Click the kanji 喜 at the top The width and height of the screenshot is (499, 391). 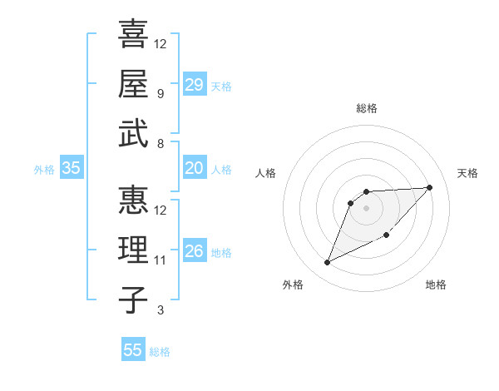pyautogui.click(x=133, y=34)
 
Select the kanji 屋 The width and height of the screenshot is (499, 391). pyautogui.click(x=133, y=84)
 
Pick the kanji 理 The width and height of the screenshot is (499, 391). pyautogui.click(x=133, y=250)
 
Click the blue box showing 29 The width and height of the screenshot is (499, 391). pyautogui.click(x=194, y=85)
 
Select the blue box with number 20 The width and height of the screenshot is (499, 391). pyautogui.click(x=194, y=168)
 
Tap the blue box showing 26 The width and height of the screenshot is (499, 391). pyautogui.click(x=194, y=251)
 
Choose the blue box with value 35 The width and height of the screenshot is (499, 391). pyautogui.click(x=71, y=168)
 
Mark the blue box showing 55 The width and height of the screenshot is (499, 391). pyautogui.click(x=133, y=350)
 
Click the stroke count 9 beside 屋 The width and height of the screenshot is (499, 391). pyautogui.click(x=160, y=93)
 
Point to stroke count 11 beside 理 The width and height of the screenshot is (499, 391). pyautogui.click(x=161, y=260)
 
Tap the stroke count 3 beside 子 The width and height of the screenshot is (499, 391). pyautogui.click(x=160, y=310)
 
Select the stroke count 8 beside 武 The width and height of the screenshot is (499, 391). pyautogui.click(x=160, y=143)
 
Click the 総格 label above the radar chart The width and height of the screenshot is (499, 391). pyautogui.click(x=366, y=109)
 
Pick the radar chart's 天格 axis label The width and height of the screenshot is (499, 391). pyautogui.click(x=467, y=173)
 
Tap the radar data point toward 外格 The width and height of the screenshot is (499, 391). pyautogui.click(x=327, y=263)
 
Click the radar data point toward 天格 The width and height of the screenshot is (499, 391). pyautogui.click(x=429, y=187)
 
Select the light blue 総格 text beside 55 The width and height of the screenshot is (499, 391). pyautogui.click(x=160, y=352)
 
